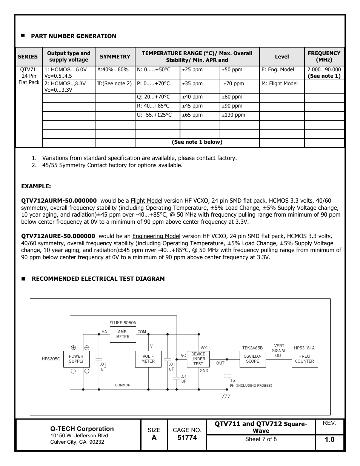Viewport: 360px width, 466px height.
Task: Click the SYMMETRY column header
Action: [115, 57]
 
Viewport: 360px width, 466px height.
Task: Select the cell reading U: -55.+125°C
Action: [154, 115]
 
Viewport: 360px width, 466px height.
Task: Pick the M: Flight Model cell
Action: [280, 84]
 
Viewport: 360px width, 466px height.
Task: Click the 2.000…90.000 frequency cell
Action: [324, 69]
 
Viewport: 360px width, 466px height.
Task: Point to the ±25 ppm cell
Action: [192, 70]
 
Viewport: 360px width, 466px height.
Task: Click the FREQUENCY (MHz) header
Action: [324, 57]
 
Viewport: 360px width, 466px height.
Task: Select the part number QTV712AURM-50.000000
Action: [59, 201]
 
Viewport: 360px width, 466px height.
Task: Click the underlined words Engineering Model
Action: [156, 236]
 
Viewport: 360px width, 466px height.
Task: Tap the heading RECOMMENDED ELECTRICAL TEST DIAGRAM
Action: [98, 279]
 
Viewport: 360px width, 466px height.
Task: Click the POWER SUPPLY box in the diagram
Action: [76, 359]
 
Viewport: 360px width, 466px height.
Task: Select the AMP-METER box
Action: [123, 334]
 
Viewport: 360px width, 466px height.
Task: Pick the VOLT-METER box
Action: [148, 359]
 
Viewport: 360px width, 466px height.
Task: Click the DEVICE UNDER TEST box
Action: [198, 359]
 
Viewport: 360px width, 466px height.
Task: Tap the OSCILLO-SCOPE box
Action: [252, 359]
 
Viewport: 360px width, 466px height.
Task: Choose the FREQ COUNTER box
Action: [304, 359]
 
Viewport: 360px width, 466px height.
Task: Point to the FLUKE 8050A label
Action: [123, 323]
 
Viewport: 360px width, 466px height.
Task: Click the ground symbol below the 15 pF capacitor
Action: [226, 396]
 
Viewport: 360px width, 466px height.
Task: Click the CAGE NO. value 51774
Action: [187, 438]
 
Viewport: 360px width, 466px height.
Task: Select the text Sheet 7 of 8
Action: [261, 439]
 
